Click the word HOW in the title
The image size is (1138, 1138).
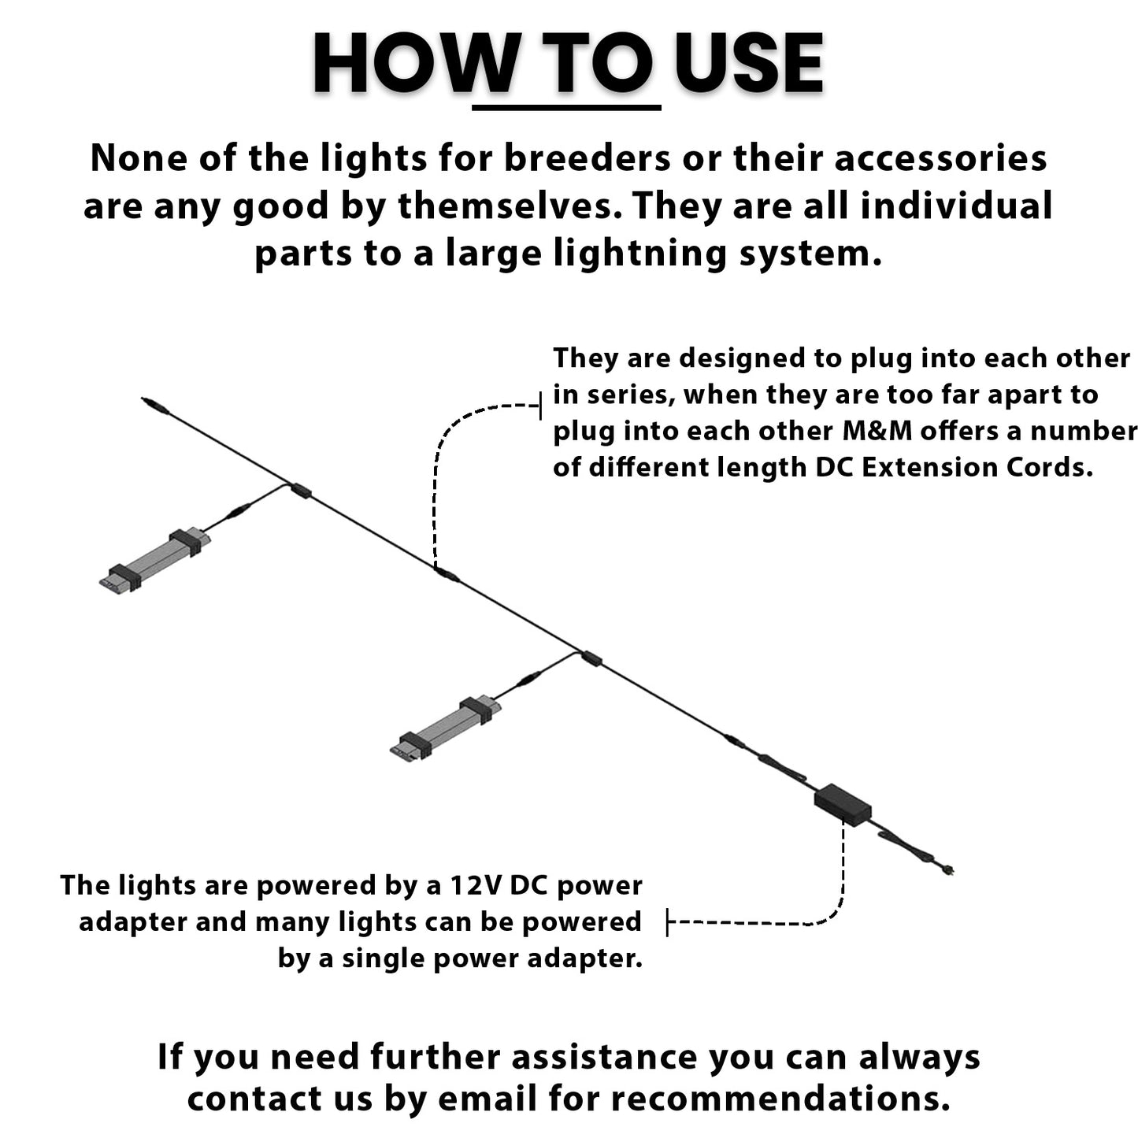pyautogui.click(x=413, y=64)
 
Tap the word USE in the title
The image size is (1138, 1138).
pyautogui.click(x=748, y=64)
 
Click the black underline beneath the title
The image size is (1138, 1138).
pyautogui.click(x=566, y=107)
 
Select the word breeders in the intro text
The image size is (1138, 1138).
pyautogui.click(x=587, y=159)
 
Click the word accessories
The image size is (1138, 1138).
pyautogui.click(x=940, y=159)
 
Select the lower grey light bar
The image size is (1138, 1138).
pyautogui.click(x=445, y=727)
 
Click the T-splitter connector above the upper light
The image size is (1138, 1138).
pyautogui.click(x=300, y=490)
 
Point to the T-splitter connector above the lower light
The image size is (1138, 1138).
pyautogui.click(x=591, y=658)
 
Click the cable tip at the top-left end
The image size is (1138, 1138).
pyautogui.click(x=144, y=400)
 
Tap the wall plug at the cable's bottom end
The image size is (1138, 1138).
pyautogui.click(x=946, y=870)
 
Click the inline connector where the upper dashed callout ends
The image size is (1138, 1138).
pyautogui.click(x=447, y=574)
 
